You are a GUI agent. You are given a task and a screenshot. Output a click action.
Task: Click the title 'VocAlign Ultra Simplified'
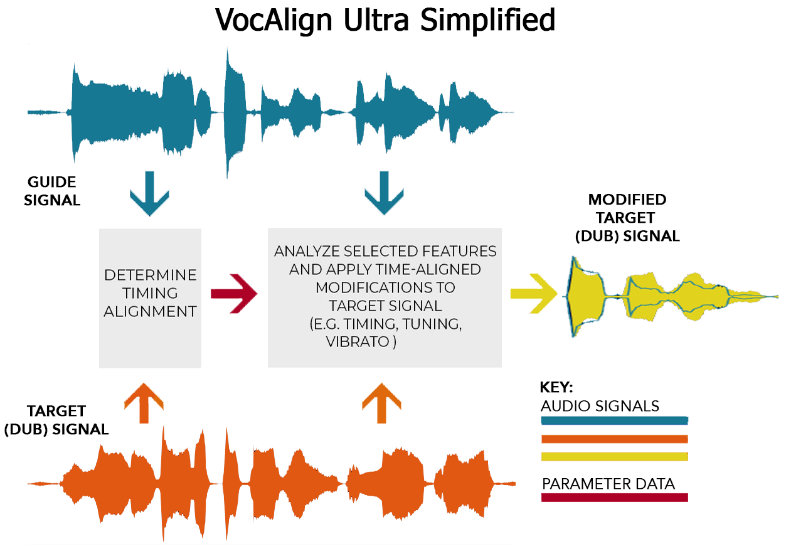coord(385,20)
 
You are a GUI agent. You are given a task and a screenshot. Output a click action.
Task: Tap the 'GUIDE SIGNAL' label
coord(52,191)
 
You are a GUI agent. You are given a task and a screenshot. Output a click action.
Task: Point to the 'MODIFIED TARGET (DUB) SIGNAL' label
coord(627,218)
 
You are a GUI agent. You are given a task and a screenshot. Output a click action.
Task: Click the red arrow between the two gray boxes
coord(233,293)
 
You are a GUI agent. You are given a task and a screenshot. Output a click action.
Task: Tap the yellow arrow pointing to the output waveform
coord(534,293)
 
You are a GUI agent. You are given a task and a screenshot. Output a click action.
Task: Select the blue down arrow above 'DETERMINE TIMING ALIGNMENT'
coord(149,193)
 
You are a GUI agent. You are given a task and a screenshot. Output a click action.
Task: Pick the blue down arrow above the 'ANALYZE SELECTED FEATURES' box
coord(383,193)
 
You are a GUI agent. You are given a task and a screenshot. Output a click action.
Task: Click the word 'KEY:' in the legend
coord(556,387)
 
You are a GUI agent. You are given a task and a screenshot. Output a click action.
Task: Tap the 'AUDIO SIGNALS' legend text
coord(600,405)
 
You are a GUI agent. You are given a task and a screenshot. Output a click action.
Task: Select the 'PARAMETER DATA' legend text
coord(608,484)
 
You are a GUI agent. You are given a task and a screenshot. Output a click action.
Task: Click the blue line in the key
coord(614,420)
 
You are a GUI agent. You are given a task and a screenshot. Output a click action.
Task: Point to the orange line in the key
coord(614,439)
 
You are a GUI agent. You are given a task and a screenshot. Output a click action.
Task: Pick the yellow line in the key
coord(614,456)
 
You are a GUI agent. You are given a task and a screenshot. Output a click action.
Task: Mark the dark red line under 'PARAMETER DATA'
coord(614,498)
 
